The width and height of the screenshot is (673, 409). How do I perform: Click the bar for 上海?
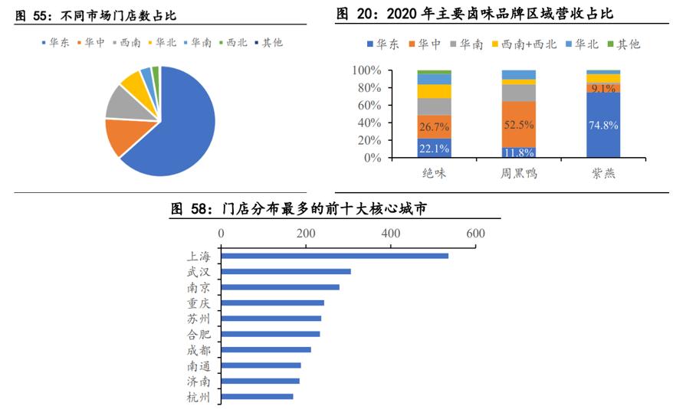tap(337, 255)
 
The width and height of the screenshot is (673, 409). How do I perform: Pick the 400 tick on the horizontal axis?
tap(391, 233)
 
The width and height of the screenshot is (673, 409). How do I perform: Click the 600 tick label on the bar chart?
tap(475, 233)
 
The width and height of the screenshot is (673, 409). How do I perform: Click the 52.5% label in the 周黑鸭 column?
tap(518, 124)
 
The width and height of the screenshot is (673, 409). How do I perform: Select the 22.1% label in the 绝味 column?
tap(434, 149)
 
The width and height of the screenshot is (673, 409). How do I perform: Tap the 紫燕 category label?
tap(602, 174)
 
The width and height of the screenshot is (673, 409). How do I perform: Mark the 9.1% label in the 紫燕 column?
tap(602, 88)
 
